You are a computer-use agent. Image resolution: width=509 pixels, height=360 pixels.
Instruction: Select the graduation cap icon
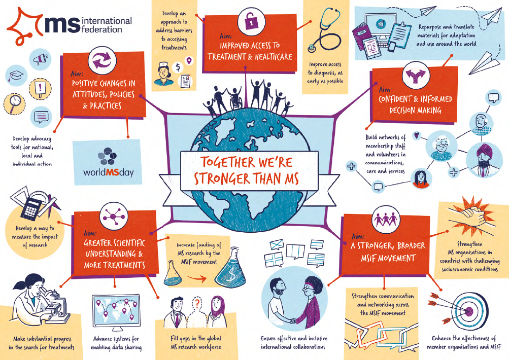[15, 76]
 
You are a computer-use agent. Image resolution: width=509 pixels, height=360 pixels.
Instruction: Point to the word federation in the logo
[101, 29]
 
